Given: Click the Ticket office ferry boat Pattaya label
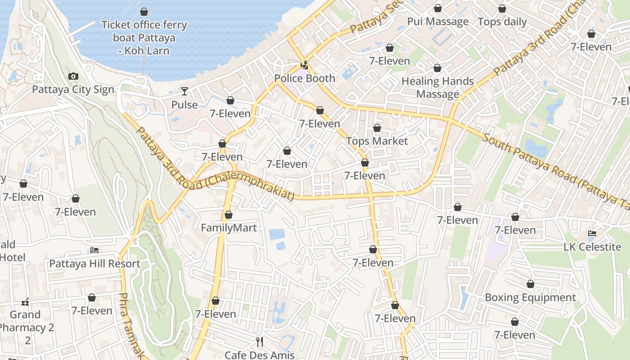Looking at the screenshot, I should (144, 37).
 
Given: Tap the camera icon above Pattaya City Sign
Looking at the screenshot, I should (73, 76).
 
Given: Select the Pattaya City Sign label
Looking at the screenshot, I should (73, 90).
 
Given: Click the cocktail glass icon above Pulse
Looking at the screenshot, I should (184, 92).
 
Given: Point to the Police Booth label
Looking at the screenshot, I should (305, 78).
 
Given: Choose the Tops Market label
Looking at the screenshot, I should (377, 141).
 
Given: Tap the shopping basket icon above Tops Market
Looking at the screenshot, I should (377, 128).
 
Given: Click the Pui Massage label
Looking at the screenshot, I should (437, 22).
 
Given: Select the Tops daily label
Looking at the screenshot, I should (502, 22).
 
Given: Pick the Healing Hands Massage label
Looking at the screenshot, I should (437, 87).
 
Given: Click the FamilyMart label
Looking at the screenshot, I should (229, 228).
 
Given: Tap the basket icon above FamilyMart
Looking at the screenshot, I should (229, 215).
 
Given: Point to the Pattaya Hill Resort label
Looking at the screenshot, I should (94, 263).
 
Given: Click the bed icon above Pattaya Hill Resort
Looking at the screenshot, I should (94, 250).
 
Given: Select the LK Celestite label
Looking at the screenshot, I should (592, 247).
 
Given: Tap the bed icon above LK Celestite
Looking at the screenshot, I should (592, 234).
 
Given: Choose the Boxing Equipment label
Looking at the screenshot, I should (530, 297).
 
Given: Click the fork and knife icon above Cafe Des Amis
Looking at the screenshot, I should (260, 342).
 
